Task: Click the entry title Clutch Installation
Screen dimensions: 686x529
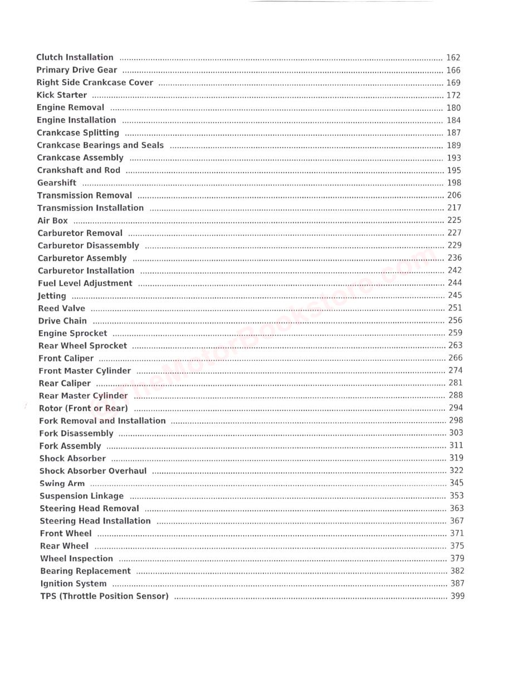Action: click(x=75, y=57)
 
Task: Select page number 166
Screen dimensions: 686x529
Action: click(x=453, y=70)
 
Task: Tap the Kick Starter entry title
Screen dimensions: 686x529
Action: click(x=62, y=95)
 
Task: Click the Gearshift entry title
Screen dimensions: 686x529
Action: click(x=57, y=183)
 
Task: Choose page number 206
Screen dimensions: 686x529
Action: click(x=454, y=195)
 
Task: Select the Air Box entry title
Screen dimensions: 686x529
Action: click(x=53, y=220)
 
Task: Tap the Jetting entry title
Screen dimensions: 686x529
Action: click(x=52, y=296)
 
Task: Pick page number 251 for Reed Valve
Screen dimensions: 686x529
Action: click(x=455, y=308)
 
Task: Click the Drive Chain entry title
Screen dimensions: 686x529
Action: click(x=62, y=321)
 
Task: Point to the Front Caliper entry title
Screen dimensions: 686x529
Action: click(x=66, y=359)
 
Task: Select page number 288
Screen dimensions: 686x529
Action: click(x=455, y=395)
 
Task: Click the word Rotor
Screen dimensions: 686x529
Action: click(x=51, y=408)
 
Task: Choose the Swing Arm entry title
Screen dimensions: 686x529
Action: click(x=62, y=483)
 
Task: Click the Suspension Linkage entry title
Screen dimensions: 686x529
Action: click(x=81, y=496)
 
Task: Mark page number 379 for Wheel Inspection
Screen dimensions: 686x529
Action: click(x=457, y=558)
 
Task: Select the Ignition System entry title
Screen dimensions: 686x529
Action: click(x=73, y=584)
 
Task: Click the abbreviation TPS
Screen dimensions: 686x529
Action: click(x=48, y=596)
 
